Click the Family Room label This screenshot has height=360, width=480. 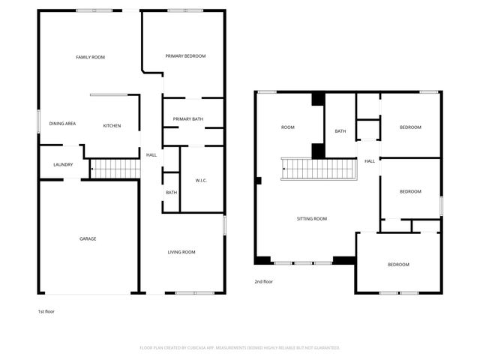pos(90,57)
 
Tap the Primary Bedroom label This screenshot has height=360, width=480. pos(185,56)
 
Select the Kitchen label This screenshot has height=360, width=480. pos(112,126)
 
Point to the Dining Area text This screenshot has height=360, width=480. pos(62,124)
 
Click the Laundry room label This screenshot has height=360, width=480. pos(63,165)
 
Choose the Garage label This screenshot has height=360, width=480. pos(88,238)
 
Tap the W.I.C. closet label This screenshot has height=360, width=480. pos(201,181)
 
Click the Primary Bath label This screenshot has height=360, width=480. pos(188,119)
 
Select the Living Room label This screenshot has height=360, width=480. pos(181,252)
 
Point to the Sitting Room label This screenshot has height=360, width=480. pos(312,219)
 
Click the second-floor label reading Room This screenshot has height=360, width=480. pos(288,127)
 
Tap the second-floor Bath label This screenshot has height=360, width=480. pos(340,131)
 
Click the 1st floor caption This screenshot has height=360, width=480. pos(46,312)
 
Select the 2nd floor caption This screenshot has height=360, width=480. pos(263,282)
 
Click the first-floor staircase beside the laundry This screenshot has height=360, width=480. pos(115,169)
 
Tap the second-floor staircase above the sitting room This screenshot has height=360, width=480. pos(319,169)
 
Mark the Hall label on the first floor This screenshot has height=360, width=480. pos(151,155)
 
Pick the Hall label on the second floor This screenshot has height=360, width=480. pos(370,161)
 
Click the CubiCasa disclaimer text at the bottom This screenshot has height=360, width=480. pos(240,348)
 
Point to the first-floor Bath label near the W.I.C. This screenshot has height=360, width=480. pos(172,193)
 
